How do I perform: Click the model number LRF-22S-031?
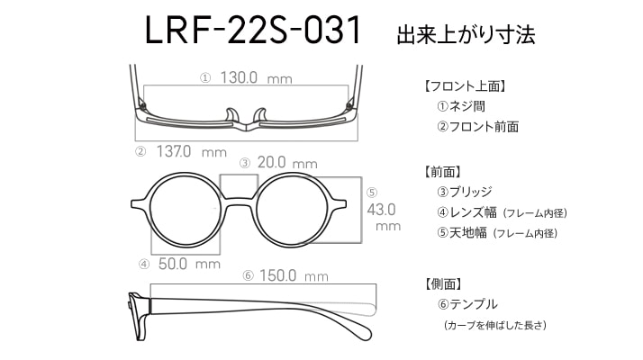[253, 30]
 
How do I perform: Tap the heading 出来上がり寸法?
[466, 34]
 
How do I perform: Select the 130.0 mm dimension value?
[257, 77]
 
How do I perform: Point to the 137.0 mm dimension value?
[192, 152]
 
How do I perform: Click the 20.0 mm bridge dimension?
[287, 163]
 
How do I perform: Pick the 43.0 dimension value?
[381, 210]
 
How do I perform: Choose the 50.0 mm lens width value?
[189, 264]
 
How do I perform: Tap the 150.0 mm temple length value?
[294, 275]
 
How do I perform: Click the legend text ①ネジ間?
[461, 106]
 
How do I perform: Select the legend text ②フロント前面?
[477, 126]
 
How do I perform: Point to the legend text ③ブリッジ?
[464, 192]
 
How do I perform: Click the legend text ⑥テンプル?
[467, 304]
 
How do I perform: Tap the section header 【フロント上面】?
[464, 86]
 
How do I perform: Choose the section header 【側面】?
[443, 283]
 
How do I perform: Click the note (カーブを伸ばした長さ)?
[495, 325]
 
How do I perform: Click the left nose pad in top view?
[231, 115]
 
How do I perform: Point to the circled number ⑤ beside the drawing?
[372, 193]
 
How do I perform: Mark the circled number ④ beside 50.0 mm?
[144, 264]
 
